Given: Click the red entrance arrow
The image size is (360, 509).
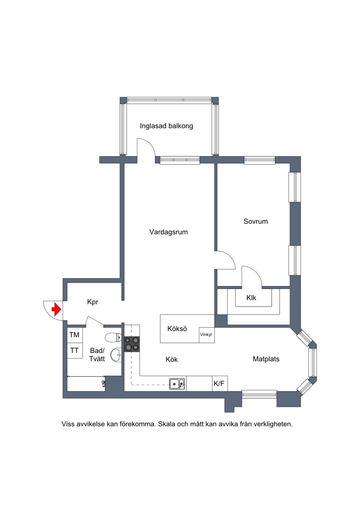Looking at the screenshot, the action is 57,309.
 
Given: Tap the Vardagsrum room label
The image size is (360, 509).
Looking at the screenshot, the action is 168,232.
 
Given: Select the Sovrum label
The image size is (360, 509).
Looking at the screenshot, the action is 256,221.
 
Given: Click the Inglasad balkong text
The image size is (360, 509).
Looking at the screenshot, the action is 166,126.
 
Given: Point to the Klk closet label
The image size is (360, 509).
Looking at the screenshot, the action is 251,297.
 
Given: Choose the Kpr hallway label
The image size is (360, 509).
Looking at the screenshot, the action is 93,302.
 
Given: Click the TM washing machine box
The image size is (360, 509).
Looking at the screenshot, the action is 75,335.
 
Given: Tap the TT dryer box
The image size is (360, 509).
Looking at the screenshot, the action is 75,350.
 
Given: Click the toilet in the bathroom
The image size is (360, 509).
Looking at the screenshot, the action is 113,338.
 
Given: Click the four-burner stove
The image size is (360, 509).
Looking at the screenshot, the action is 132,344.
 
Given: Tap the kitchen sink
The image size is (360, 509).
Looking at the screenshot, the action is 177,384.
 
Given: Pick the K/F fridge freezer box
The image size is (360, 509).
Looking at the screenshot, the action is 219,384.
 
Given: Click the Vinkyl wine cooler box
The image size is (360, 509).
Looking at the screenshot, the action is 207,335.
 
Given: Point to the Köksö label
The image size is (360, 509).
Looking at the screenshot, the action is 177,329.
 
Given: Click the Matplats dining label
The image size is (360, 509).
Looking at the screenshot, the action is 266,359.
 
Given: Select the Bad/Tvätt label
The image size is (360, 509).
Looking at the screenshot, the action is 97,355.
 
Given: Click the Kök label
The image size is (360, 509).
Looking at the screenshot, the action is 172,360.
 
